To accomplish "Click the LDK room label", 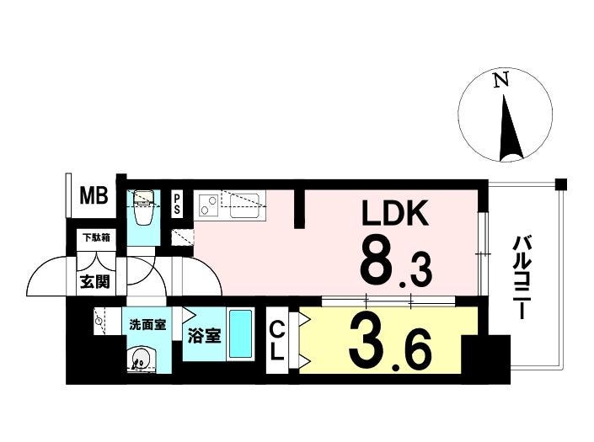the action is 395,213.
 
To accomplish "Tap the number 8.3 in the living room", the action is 395,261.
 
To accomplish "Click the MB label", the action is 94,195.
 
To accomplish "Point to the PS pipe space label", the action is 177,205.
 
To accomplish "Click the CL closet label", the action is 277,341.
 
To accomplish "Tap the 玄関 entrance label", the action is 95,281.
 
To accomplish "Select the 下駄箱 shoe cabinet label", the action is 96,237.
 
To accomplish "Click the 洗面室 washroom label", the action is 147,325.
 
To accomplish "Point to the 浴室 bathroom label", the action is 205,335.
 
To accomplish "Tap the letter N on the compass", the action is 500,80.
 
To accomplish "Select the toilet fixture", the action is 142,207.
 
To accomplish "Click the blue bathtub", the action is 241,334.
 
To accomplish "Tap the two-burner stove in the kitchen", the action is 206,205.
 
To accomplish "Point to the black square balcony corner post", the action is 561,184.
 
